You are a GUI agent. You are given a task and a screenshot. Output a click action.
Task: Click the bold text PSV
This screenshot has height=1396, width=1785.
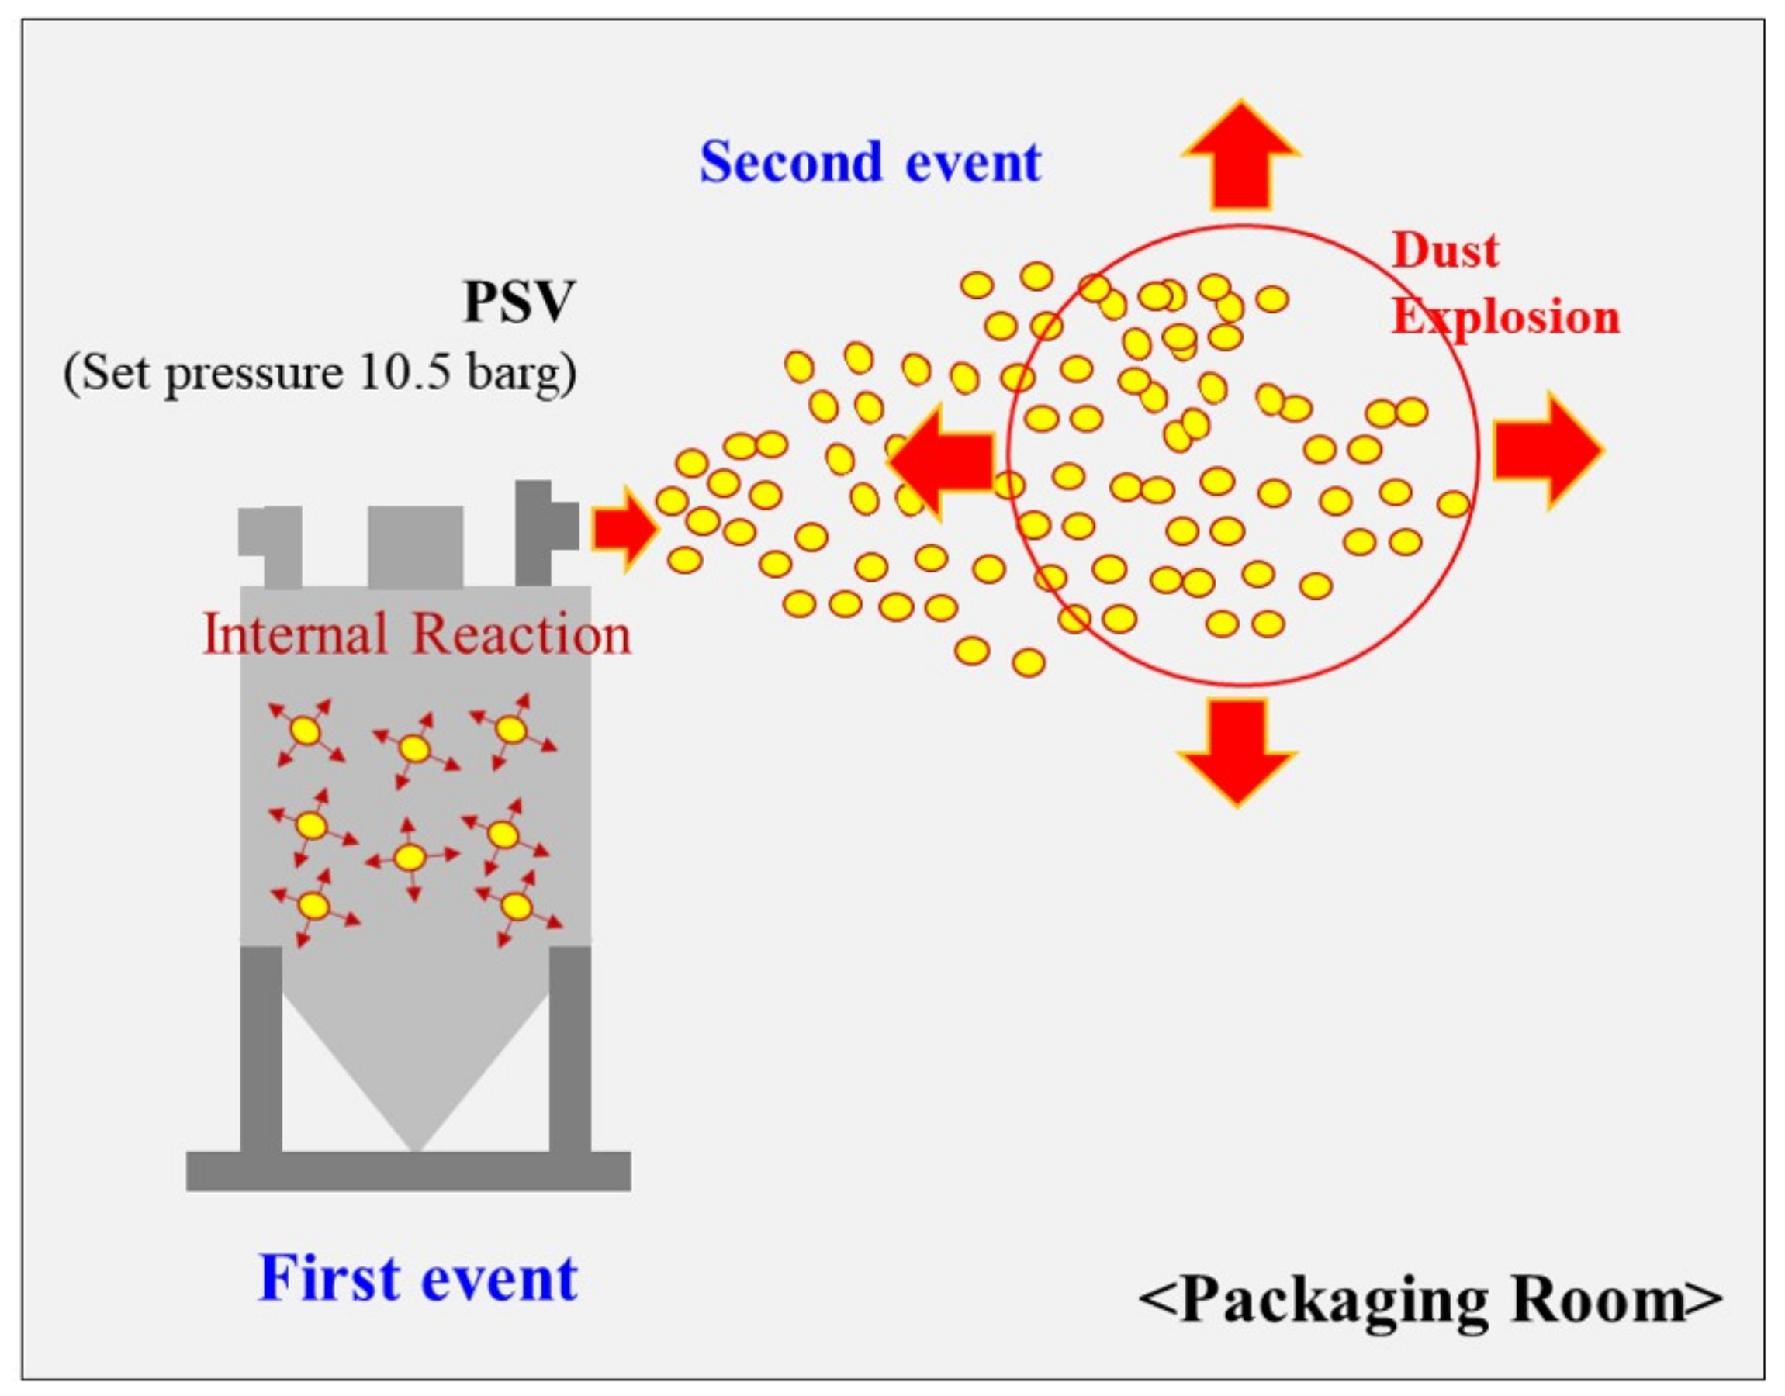point(519,302)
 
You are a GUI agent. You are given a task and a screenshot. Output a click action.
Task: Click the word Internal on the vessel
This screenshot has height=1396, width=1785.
point(294,634)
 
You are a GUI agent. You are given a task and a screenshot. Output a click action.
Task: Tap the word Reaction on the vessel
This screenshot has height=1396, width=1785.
point(521,634)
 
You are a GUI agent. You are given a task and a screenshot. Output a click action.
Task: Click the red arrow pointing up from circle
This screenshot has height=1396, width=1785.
point(1240,160)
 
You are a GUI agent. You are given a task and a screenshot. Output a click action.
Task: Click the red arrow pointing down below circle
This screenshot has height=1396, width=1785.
point(1237,748)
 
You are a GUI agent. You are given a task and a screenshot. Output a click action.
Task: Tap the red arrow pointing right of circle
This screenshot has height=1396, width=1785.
point(1545,451)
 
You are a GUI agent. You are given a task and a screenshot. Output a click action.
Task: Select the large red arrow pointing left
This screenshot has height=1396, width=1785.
point(944,462)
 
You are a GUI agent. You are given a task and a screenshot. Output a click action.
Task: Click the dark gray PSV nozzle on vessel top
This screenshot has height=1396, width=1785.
point(539,531)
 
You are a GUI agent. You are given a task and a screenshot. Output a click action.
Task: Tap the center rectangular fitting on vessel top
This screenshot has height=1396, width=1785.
point(415,546)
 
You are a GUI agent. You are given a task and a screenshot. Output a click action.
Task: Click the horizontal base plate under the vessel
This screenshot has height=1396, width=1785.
point(409,1170)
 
